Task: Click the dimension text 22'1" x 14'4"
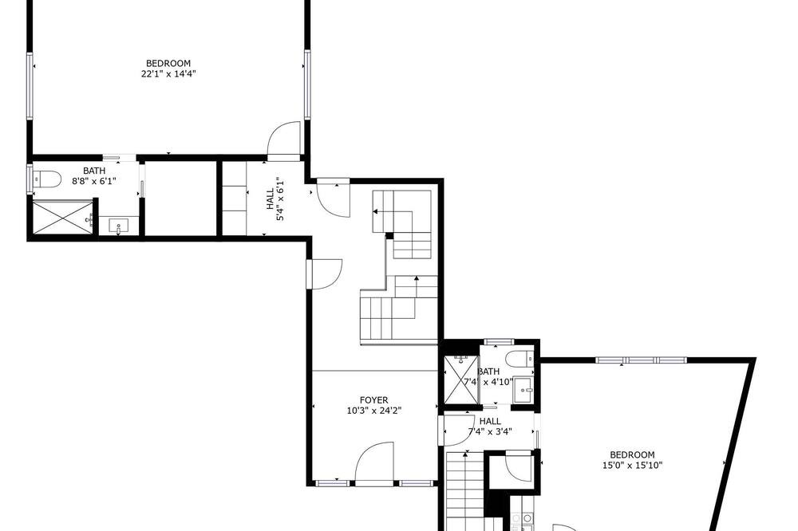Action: tap(168, 73)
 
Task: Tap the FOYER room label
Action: tap(373, 400)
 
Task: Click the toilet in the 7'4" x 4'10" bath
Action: tap(520, 359)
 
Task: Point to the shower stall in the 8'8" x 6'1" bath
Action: tap(62, 217)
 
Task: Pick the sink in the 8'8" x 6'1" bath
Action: tap(119, 226)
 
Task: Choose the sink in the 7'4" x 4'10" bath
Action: tap(523, 390)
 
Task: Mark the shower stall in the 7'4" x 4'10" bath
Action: tap(461, 379)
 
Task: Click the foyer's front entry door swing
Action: tap(374, 462)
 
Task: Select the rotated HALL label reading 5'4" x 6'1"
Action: tap(273, 199)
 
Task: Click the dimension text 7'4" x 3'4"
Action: tap(490, 432)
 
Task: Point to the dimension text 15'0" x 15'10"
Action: tap(632, 465)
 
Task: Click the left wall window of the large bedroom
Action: tap(30, 85)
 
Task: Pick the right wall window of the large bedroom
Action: tap(307, 85)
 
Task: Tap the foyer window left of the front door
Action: tap(332, 482)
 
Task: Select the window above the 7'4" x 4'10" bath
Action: tap(498, 342)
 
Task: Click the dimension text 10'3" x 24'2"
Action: tap(373, 411)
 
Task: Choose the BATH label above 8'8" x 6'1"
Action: tap(94, 171)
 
